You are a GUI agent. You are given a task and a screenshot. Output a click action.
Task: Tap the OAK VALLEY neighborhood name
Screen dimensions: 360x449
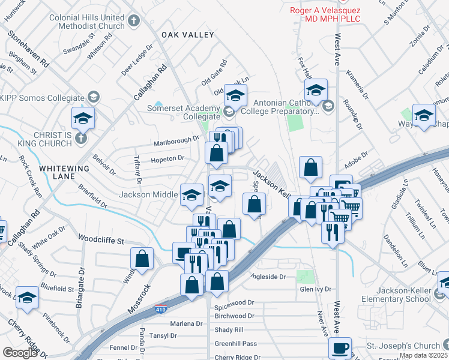[x=187, y=35]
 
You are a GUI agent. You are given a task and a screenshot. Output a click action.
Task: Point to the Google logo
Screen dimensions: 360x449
[x=20, y=353]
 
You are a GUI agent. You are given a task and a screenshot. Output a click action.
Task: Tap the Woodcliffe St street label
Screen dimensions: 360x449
[x=101, y=241]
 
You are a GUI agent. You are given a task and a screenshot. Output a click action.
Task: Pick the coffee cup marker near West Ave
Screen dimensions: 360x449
[x=340, y=348]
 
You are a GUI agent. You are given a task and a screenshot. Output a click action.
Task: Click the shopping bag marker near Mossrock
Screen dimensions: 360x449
[x=143, y=259]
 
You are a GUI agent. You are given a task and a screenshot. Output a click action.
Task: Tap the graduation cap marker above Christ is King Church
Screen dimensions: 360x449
[x=83, y=118]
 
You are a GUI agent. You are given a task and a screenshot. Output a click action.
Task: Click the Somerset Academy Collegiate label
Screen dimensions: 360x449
[x=180, y=112]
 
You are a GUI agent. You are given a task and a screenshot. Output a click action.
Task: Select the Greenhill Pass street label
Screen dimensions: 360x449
[x=236, y=343]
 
